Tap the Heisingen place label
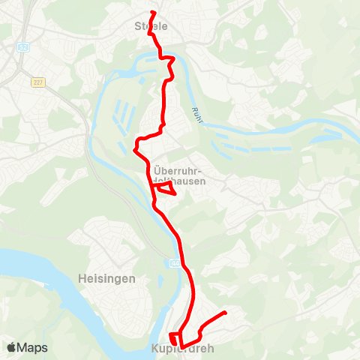coord(106,278)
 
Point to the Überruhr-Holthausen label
coord(180,174)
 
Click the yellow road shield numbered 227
coord(37,82)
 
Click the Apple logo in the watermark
coord(12,348)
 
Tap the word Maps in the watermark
coord(34,348)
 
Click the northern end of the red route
coord(153,13)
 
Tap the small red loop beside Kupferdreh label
coord(174,338)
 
